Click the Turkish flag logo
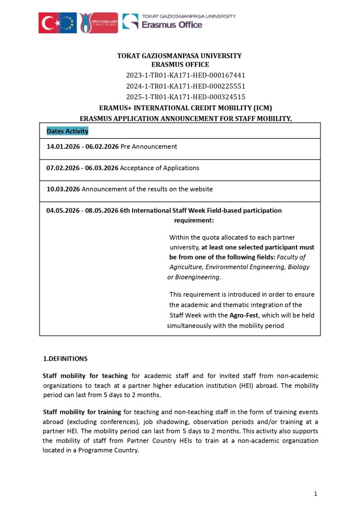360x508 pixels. click(x=48, y=23)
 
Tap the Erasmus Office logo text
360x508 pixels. click(x=172, y=24)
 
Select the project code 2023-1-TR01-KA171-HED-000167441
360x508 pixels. click(x=186, y=75)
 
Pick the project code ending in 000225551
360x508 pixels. click(x=186, y=86)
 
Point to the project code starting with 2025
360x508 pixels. click(x=186, y=97)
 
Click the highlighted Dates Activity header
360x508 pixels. click(x=68, y=131)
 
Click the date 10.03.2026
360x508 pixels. click(x=63, y=189)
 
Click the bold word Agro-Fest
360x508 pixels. click(x=244, y=316)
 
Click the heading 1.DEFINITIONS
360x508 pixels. click(x=66, y=359)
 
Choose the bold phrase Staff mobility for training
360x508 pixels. click(x=82, y=412)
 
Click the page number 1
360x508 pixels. click(x=315, y=494)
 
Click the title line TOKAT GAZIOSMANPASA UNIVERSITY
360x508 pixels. click(x=179, y=56)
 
